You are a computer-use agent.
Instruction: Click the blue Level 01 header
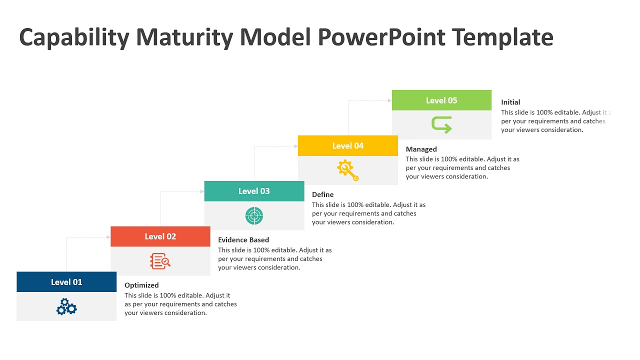point(66,282)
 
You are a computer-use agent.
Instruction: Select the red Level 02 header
point(160,236)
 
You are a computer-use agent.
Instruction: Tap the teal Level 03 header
point(254,191)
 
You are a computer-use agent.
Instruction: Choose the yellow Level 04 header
point(348,145)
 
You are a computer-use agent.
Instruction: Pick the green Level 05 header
point(441,100)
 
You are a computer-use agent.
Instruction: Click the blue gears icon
point(66,306)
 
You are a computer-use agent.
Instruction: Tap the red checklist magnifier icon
point(160,261)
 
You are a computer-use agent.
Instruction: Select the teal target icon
point(254,215)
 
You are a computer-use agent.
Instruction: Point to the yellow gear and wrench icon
point(348,170)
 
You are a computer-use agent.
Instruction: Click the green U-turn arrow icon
point(441,124)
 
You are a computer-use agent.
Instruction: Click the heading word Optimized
point(141,285)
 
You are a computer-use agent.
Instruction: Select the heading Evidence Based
point(243,240)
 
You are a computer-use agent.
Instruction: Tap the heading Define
point(322,194)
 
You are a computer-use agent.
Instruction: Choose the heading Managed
point(421,149)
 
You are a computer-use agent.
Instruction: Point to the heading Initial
point(510,102)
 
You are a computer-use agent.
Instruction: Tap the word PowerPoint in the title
point(381,38)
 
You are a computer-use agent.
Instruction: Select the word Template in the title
point(502,38)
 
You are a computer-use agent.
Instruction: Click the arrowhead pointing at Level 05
point(389,100)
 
